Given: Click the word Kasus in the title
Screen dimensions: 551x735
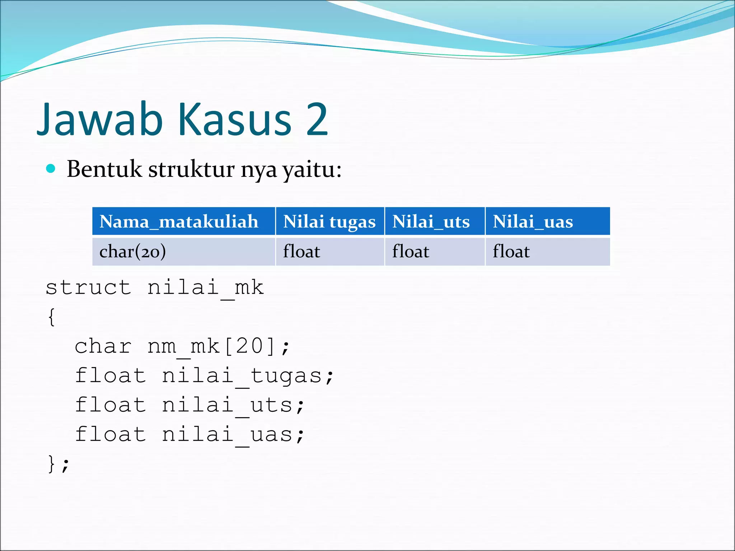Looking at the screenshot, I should [x=235, y=119].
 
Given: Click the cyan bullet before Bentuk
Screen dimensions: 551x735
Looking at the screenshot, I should [x=51, y=169].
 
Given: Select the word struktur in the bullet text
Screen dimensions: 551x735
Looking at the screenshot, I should [x=192, y=169].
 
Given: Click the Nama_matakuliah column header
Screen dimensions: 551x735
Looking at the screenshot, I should [x=179, y=221].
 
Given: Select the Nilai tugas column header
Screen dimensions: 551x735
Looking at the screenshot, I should [x=329, y=221].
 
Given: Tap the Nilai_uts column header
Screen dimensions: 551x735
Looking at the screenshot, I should [x=431, y=221].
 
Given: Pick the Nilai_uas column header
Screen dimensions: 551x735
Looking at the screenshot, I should [x=533, y=221].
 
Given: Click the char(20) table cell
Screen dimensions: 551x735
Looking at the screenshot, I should [x=133, y=251].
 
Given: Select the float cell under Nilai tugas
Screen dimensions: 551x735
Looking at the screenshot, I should [x=301, y=251].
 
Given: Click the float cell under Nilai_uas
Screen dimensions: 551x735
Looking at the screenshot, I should [x=511, y=251].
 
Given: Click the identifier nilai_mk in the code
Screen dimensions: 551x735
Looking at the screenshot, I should [x=206, y=288].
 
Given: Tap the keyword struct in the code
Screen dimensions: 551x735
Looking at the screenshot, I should [x=88, y=288].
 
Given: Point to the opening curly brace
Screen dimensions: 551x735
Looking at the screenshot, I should [x=52, y=317].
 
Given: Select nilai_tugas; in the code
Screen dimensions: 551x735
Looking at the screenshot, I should [x=248, y=376].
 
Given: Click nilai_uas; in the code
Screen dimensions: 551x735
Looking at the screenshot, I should [x=233, y=435].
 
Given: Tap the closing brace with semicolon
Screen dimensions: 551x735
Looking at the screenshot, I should [x=58, y=464].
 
